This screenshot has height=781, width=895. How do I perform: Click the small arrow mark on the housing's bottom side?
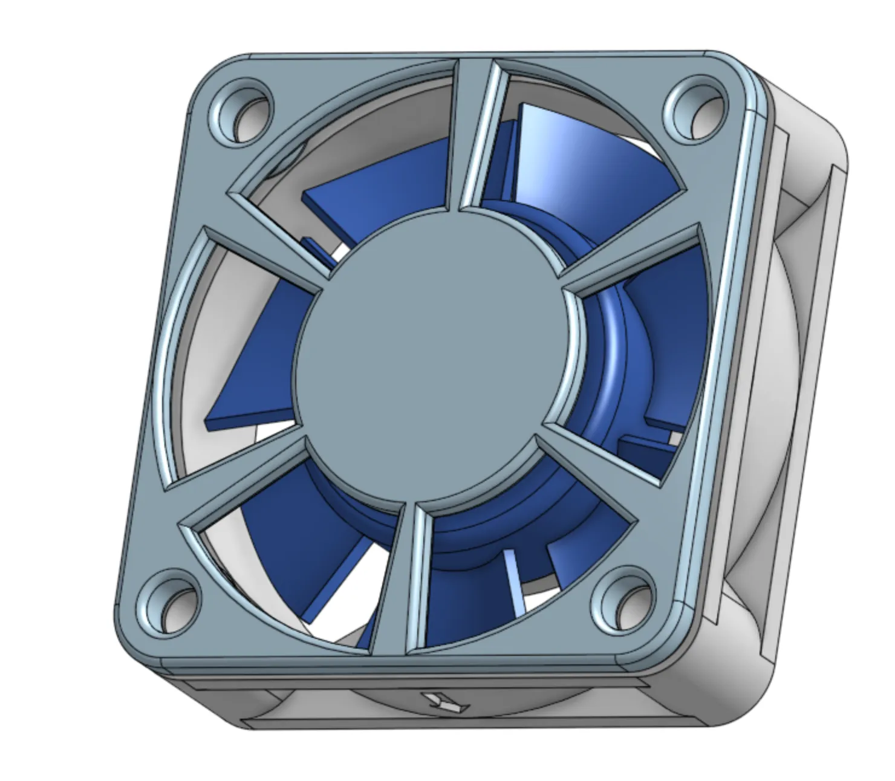click(x=444, y=701)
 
